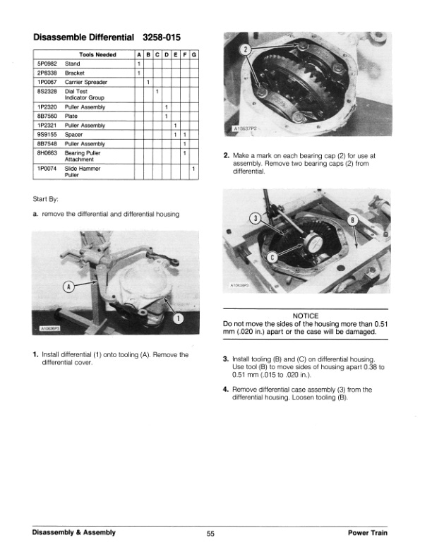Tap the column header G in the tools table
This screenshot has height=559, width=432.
pos(193,54)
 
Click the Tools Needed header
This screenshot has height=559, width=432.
pos(97,54)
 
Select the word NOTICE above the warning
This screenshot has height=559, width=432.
pos(305,315)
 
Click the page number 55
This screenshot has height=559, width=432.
pos(210,534)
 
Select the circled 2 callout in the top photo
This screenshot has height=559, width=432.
pos(245,50)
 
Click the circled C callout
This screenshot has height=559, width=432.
pos(272,258)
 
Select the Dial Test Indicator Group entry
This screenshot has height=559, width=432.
pos(84,94)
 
